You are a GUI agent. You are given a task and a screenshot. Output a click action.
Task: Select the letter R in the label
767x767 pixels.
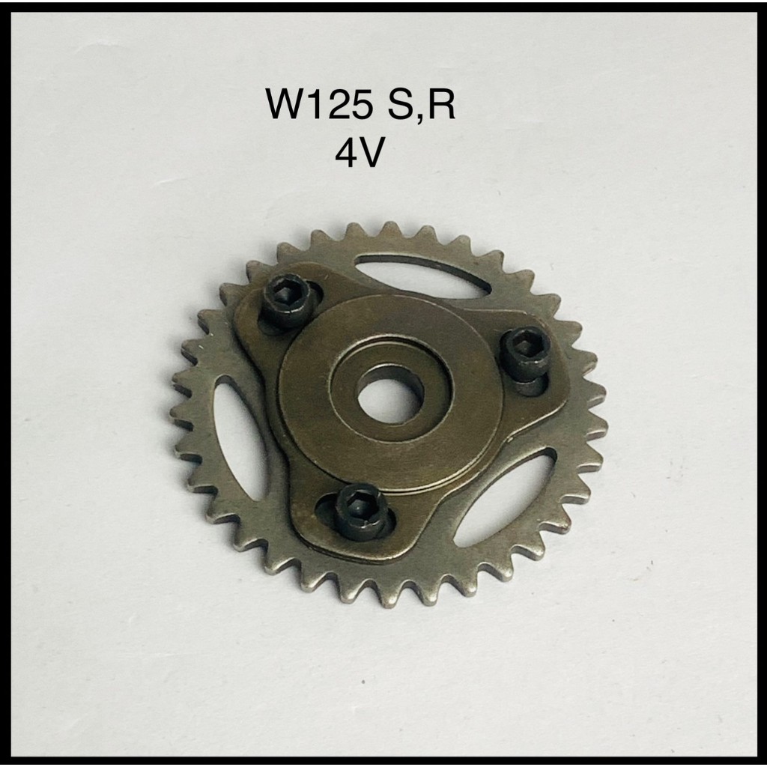441,103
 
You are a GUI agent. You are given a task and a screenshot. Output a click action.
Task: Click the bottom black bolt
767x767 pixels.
361,512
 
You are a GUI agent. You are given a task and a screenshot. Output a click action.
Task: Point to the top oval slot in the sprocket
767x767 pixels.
423,276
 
